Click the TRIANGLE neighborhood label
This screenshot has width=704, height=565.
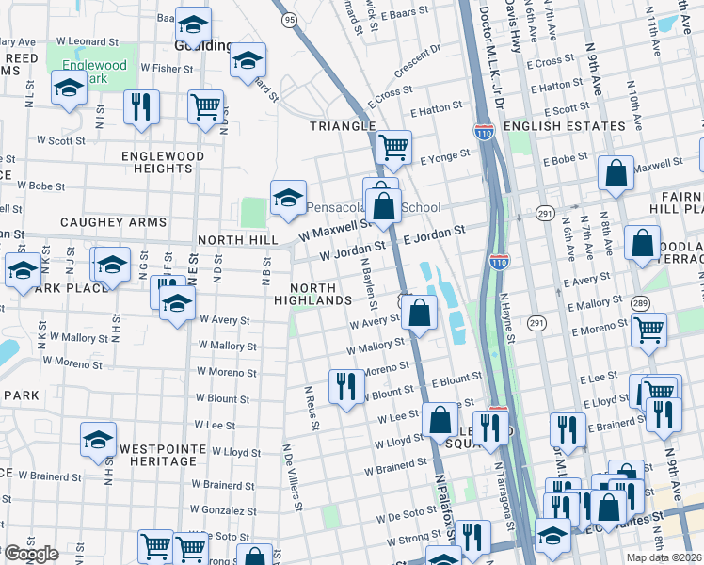click(x=344, y=126)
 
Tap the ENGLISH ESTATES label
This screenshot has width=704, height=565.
click(x=564, y=126)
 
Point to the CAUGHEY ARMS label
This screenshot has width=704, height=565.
click(x=113, y=223)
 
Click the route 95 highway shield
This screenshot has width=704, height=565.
click(x=289, y=20)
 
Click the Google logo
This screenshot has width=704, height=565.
click(x=31, y=554)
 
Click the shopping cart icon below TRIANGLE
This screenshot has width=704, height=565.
click(x=393, y=146)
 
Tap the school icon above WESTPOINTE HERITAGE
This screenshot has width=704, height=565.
click(x=98, y=440)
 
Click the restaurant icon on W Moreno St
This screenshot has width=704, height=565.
click(x=346, y=383)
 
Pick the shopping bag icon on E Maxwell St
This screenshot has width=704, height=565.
click(x=616, y=174)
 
